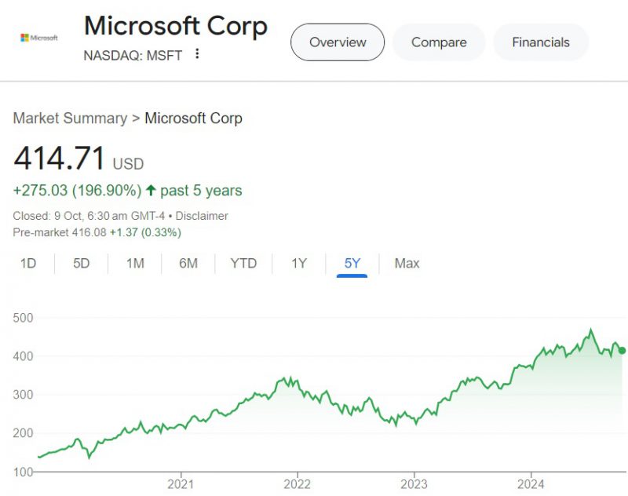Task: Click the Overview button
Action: (x=338, y=42)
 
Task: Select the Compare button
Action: (x=439, y=42)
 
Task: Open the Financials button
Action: (x=540, y=42)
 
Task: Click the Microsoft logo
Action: (x=39, y=38)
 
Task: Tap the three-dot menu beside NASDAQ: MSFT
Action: (x=197, y=53)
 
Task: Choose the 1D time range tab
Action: (x=28, y=263)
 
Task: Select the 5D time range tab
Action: (x=82, y=263)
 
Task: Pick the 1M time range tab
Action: (x=135, y=263)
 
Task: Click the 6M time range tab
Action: (x=188, y=263)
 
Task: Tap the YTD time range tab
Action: (x=243, y=263)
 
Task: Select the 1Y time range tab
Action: (x=299, y=263)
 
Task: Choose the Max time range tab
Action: (x=407, y=263)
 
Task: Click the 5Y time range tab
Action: (x=352, y=263)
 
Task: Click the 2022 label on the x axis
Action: (x=298, y=484)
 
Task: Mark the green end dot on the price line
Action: (x=623, y=351)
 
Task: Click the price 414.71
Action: (x=60, y=159)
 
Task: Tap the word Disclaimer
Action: (x=202, y=216)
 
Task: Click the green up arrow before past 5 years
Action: (x=152, y=191)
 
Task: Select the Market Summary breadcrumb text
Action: (x=70, y=119)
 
